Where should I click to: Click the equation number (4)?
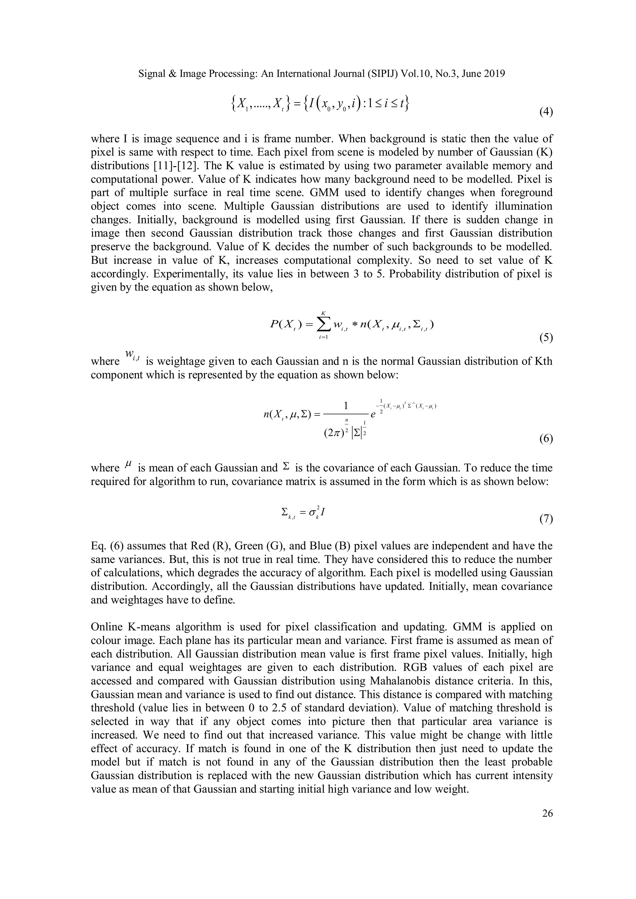point(546,112)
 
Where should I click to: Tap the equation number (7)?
point(546,519)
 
